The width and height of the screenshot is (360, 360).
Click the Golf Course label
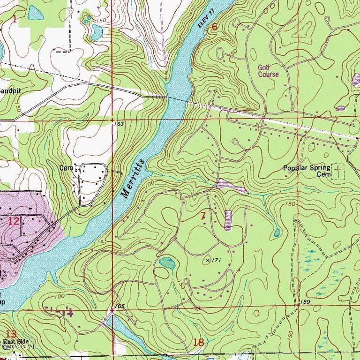coord(268,71)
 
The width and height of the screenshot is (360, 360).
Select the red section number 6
coord(215,27)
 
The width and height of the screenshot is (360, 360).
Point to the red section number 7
coord(202,216)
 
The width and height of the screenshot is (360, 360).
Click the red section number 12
coord(14,221)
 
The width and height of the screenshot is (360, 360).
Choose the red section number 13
coord(11,334)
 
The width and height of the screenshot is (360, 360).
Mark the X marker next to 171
coord(207,259)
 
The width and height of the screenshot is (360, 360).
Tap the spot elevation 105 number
coord(120,306)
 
